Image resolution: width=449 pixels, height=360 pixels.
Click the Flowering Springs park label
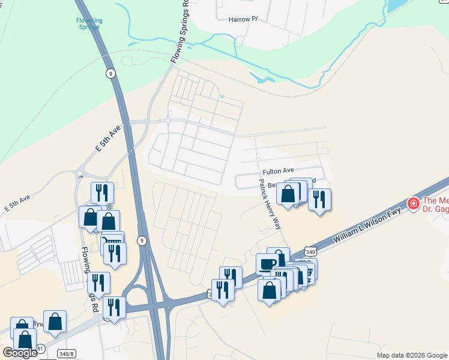89,23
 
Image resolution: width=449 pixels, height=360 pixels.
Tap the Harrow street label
243,19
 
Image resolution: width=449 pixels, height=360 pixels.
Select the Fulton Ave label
277,171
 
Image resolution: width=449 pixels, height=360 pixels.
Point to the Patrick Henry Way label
270,205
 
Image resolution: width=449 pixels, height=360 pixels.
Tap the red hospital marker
413,204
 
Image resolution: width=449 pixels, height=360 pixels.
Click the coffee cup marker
267,263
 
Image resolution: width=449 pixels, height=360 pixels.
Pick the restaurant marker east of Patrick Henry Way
320,199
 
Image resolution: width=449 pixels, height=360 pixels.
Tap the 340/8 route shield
67,353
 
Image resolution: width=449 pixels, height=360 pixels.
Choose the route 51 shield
40,349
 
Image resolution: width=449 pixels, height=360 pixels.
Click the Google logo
20,353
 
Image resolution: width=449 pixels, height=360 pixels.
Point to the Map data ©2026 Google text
411,355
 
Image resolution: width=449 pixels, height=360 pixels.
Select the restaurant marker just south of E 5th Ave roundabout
102,193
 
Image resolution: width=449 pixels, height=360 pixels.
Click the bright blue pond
396,6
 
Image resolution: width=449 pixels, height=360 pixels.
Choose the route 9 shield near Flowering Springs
110,73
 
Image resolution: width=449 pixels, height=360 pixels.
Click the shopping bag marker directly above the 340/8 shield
55,322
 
